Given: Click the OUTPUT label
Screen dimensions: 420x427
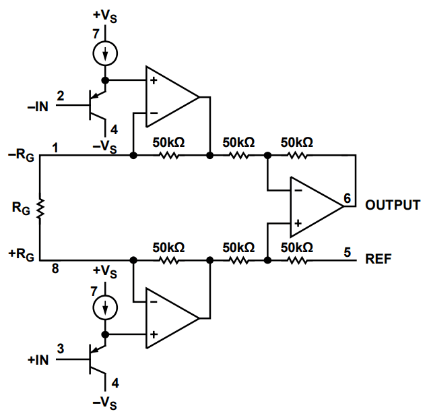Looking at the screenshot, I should point(393,205).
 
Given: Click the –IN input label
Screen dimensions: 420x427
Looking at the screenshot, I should point(38,105).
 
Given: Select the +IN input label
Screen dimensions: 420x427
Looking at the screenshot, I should point(38,359).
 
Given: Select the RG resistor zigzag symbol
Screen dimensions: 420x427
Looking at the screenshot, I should point(40,208).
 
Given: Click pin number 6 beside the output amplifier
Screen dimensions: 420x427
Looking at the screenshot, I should point(346,198).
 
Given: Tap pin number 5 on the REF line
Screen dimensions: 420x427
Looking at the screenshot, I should point(347,252).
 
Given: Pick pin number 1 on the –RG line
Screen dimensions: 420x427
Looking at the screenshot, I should point(55,146).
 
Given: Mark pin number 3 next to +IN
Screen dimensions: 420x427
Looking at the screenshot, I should point(61,349).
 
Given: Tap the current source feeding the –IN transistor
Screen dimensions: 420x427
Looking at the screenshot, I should point(105,53).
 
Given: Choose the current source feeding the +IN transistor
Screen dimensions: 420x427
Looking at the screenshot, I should point(105,308).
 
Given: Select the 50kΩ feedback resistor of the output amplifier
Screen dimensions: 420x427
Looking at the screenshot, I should point(297,155).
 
